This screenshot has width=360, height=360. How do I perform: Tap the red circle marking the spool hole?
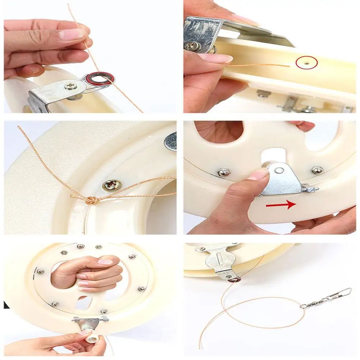pos(306,63)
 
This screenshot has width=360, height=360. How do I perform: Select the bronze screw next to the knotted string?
pos(108,186)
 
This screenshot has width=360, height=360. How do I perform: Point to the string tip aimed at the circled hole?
pos(288,66)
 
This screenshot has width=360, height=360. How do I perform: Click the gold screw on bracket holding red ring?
pos(70,86)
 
